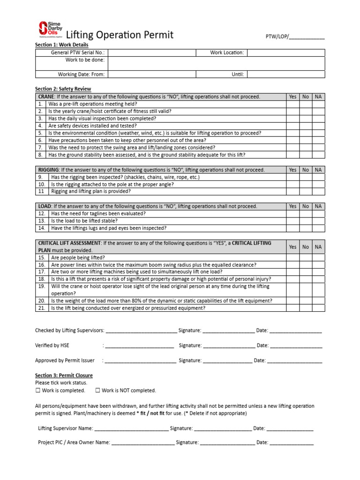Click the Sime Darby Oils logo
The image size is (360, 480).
pyautogui.click(x=49, y=30)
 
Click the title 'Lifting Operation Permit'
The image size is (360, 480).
pyautogui.click(x=120, y=35)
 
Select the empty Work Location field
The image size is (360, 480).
pyautogui.click(x=285, y=52)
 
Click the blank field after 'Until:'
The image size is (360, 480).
pyautogui.click(x=285, y=74)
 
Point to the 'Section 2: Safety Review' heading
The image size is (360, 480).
pyautogui.click(x=63, y=89)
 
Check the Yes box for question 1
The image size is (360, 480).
pyautogui.click(x=292, y=104)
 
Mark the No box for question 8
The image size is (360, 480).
pyautogui.click(x=306, y=155)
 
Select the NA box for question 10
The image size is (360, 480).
pyautogui.click(x=318, y=184)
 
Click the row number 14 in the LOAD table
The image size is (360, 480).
pyautogui.click(x=41, y=228)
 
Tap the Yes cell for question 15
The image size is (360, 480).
pyautogui.click(x=292, y=257)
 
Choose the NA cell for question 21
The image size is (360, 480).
pyautogui.click(x=318, y=308)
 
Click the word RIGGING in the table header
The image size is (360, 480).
pyautogui.click(x=48, y=170)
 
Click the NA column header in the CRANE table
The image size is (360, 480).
pyautogui.click(x=318, y=97)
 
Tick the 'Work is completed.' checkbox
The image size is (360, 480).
pyautogui.click(x=38, y=390)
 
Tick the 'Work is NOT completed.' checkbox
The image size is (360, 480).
pyautogui.click(x=97, y=390)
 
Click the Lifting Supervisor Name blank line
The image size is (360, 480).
pyautogui.click(x=131, y=429)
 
